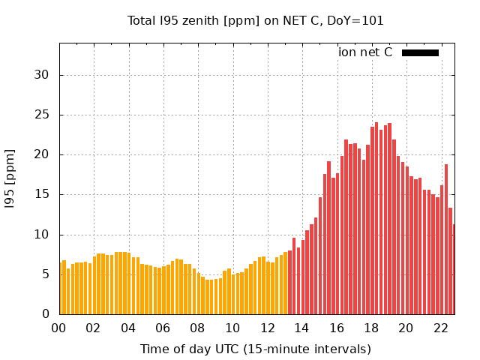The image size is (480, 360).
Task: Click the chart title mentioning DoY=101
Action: [256, 21]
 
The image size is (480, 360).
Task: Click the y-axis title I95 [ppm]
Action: [10, 178]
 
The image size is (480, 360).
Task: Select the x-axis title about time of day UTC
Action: [256, 349]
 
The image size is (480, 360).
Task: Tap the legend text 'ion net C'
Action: [365, 52]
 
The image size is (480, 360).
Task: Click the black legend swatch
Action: [420, 52]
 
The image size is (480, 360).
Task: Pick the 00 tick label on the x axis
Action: [58, 328]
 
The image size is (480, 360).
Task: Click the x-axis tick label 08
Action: [197, 328]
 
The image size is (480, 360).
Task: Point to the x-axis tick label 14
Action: [301, 328]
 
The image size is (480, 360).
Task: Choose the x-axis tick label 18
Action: [370, 328]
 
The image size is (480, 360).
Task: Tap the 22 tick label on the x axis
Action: [439, 328]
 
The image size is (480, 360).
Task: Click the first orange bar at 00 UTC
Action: [61, 289]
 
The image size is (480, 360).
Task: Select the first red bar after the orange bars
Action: [289, 283]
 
